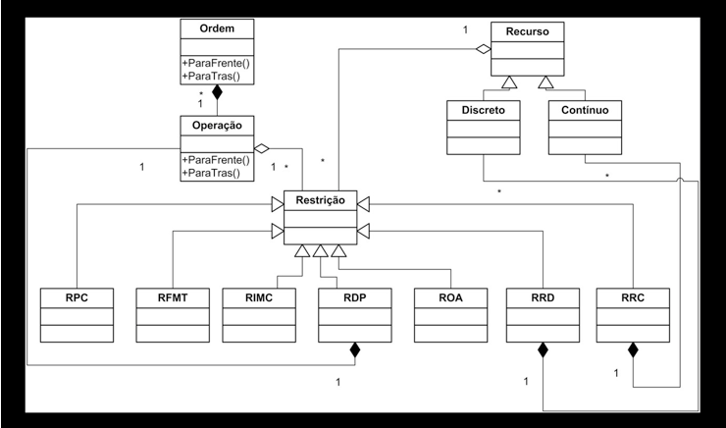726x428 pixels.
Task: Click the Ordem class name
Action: point(217,28)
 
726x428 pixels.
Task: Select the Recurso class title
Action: point(527,31)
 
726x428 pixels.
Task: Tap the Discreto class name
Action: point(483,110)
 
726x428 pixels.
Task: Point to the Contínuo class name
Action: point(585,110)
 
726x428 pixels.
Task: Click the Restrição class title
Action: point(320,200)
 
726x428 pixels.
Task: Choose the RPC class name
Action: point(77,297)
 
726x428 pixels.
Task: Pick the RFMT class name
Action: point(173,297)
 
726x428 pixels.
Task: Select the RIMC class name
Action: point(259,297)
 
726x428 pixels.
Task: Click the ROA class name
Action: point(450,297)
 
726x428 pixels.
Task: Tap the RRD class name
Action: point(543,297)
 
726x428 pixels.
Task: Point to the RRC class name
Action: point(633,297)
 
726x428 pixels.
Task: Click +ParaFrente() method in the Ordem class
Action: point(213,63)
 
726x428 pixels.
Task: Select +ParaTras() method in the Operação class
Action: point(211,173)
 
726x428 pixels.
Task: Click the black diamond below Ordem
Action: point(217,92)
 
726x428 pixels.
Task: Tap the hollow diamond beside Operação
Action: point(262,148)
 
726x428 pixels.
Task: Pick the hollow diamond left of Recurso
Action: point(484,49)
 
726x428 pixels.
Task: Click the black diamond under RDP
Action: point(355,350)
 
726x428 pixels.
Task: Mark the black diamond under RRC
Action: point(633,350)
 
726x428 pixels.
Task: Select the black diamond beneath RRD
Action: point(543,350)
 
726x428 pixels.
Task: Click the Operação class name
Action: point(217,126)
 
